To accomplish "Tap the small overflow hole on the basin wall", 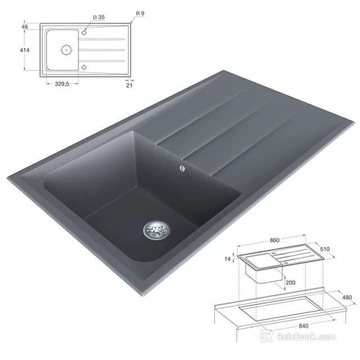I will tap(182, 166).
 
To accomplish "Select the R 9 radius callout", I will tap(141, 12).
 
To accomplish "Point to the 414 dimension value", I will tap(24, 50).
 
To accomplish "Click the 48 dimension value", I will tap(25, 26).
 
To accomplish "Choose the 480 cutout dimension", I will tap(347, 298).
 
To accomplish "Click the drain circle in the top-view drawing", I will tap(66, 50).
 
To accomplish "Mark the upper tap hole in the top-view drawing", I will tap(84, 33).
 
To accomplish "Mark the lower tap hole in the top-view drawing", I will tap(84, 67).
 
